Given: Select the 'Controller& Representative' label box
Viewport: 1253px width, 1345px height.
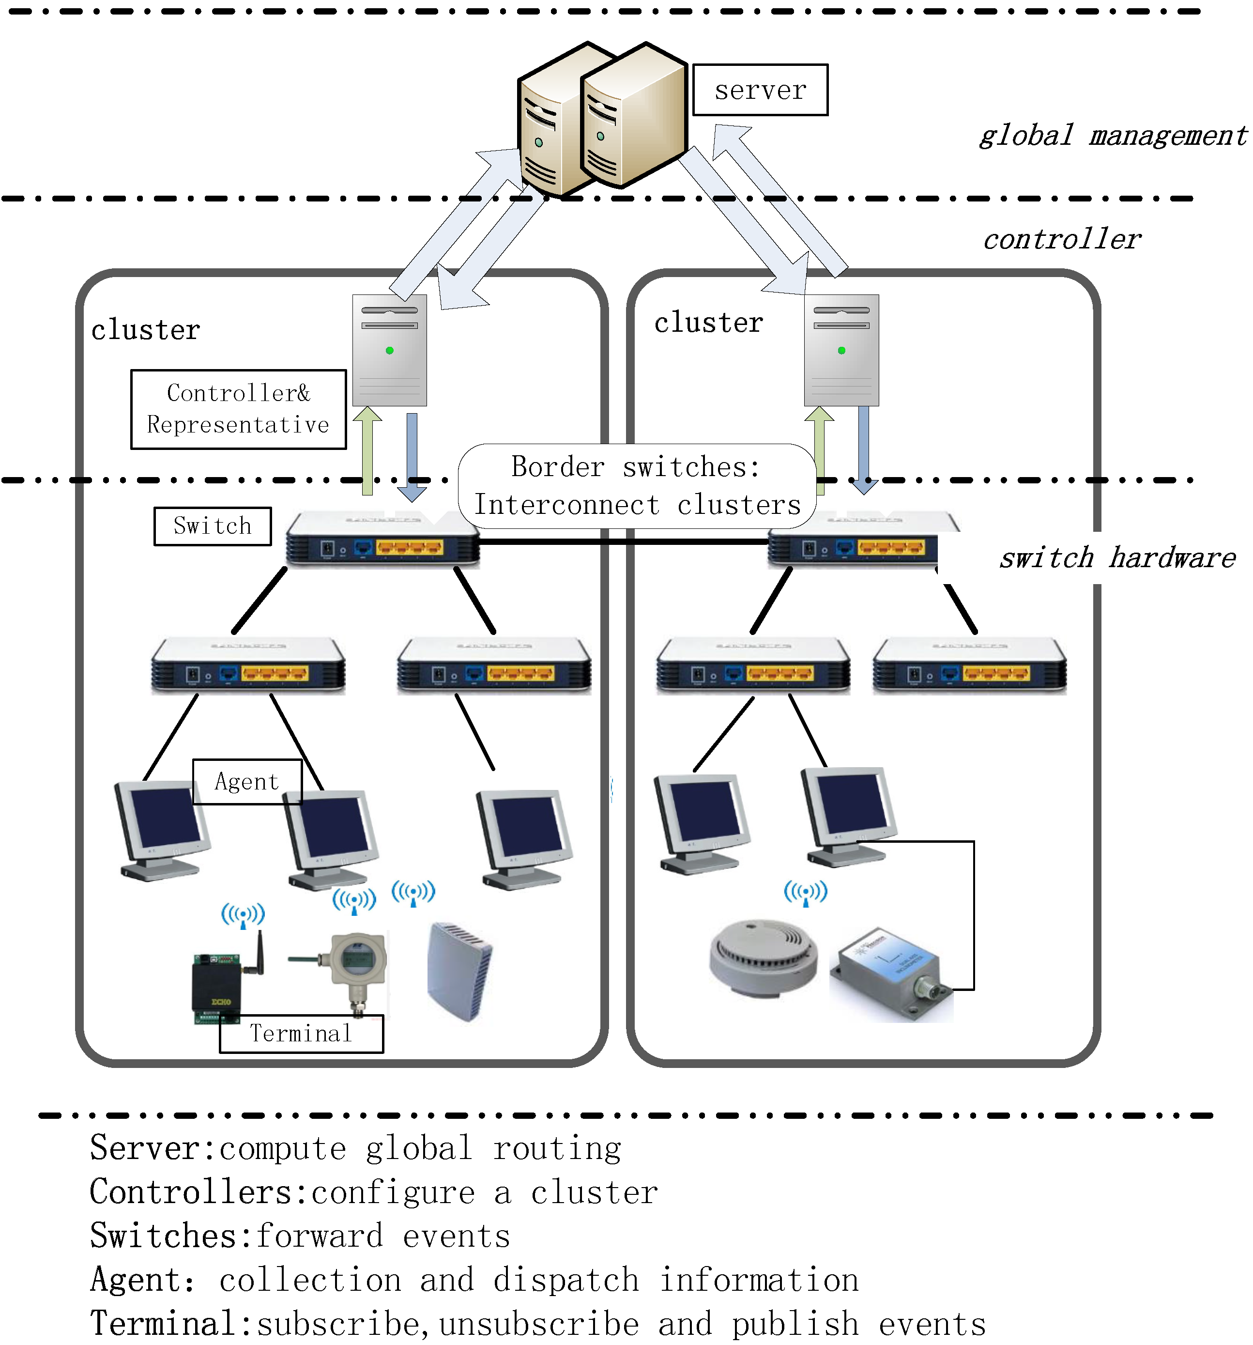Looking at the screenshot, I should (238, 409).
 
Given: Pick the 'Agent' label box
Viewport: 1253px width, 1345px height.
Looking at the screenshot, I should (247, 781).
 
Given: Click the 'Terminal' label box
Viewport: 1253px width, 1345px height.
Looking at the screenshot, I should (302, 1033).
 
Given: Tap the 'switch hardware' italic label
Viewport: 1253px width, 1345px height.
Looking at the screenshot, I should (1117, 558).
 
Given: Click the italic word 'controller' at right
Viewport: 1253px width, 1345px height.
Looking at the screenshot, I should (1062, 239).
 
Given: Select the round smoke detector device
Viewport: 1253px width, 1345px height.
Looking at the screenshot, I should (763, 958).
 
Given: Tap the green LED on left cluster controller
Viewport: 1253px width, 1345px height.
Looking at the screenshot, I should (389, 351).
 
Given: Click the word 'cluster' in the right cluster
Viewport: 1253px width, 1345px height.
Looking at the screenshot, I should (708, 322).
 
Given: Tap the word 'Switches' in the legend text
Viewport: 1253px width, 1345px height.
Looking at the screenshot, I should (162, 1236).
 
